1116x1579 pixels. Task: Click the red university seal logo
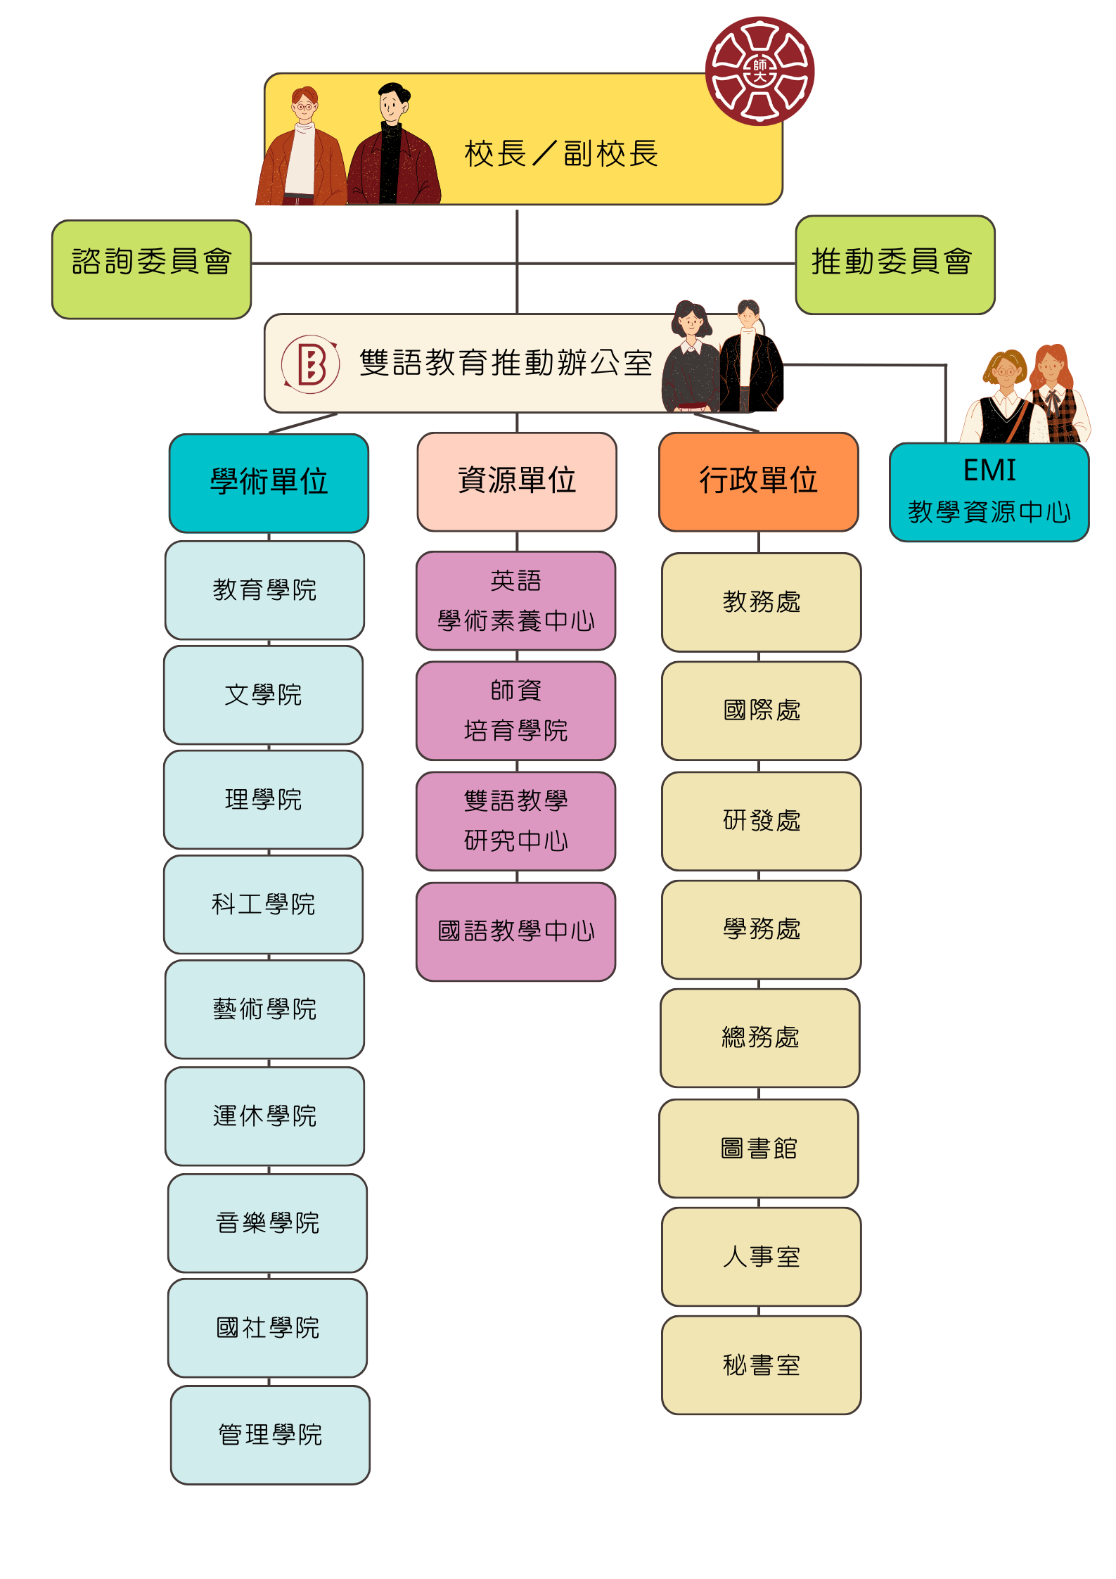tap(759, 71)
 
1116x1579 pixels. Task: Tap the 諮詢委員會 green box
tap(151, 269)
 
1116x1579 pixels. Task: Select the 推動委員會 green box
tap(895, 264)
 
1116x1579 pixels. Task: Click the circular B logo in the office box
tap(310, 364)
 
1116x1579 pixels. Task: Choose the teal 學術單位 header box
tap(269, 482)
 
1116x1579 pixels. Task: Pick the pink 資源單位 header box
tap(517, 482)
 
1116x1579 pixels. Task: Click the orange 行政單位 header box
tap(759, 482)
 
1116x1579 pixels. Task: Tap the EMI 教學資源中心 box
tap(989, 492)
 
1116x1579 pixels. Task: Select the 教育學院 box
tap(264, 590)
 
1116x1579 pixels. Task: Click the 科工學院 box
tap(263, 904)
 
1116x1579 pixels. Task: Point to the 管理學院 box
tap(270, 1435)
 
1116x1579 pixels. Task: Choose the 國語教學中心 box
tap(516, 932)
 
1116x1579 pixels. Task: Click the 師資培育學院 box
tap(516, 710)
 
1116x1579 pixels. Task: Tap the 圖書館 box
tap(759, 1149)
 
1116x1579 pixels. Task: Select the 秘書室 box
tap(762, 1365)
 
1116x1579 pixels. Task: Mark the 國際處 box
tap(762, 710)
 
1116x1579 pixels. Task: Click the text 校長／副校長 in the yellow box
tap(561, 153)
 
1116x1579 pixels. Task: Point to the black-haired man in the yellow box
tap(394, 145)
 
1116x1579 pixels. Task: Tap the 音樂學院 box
tap(267, 1223)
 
